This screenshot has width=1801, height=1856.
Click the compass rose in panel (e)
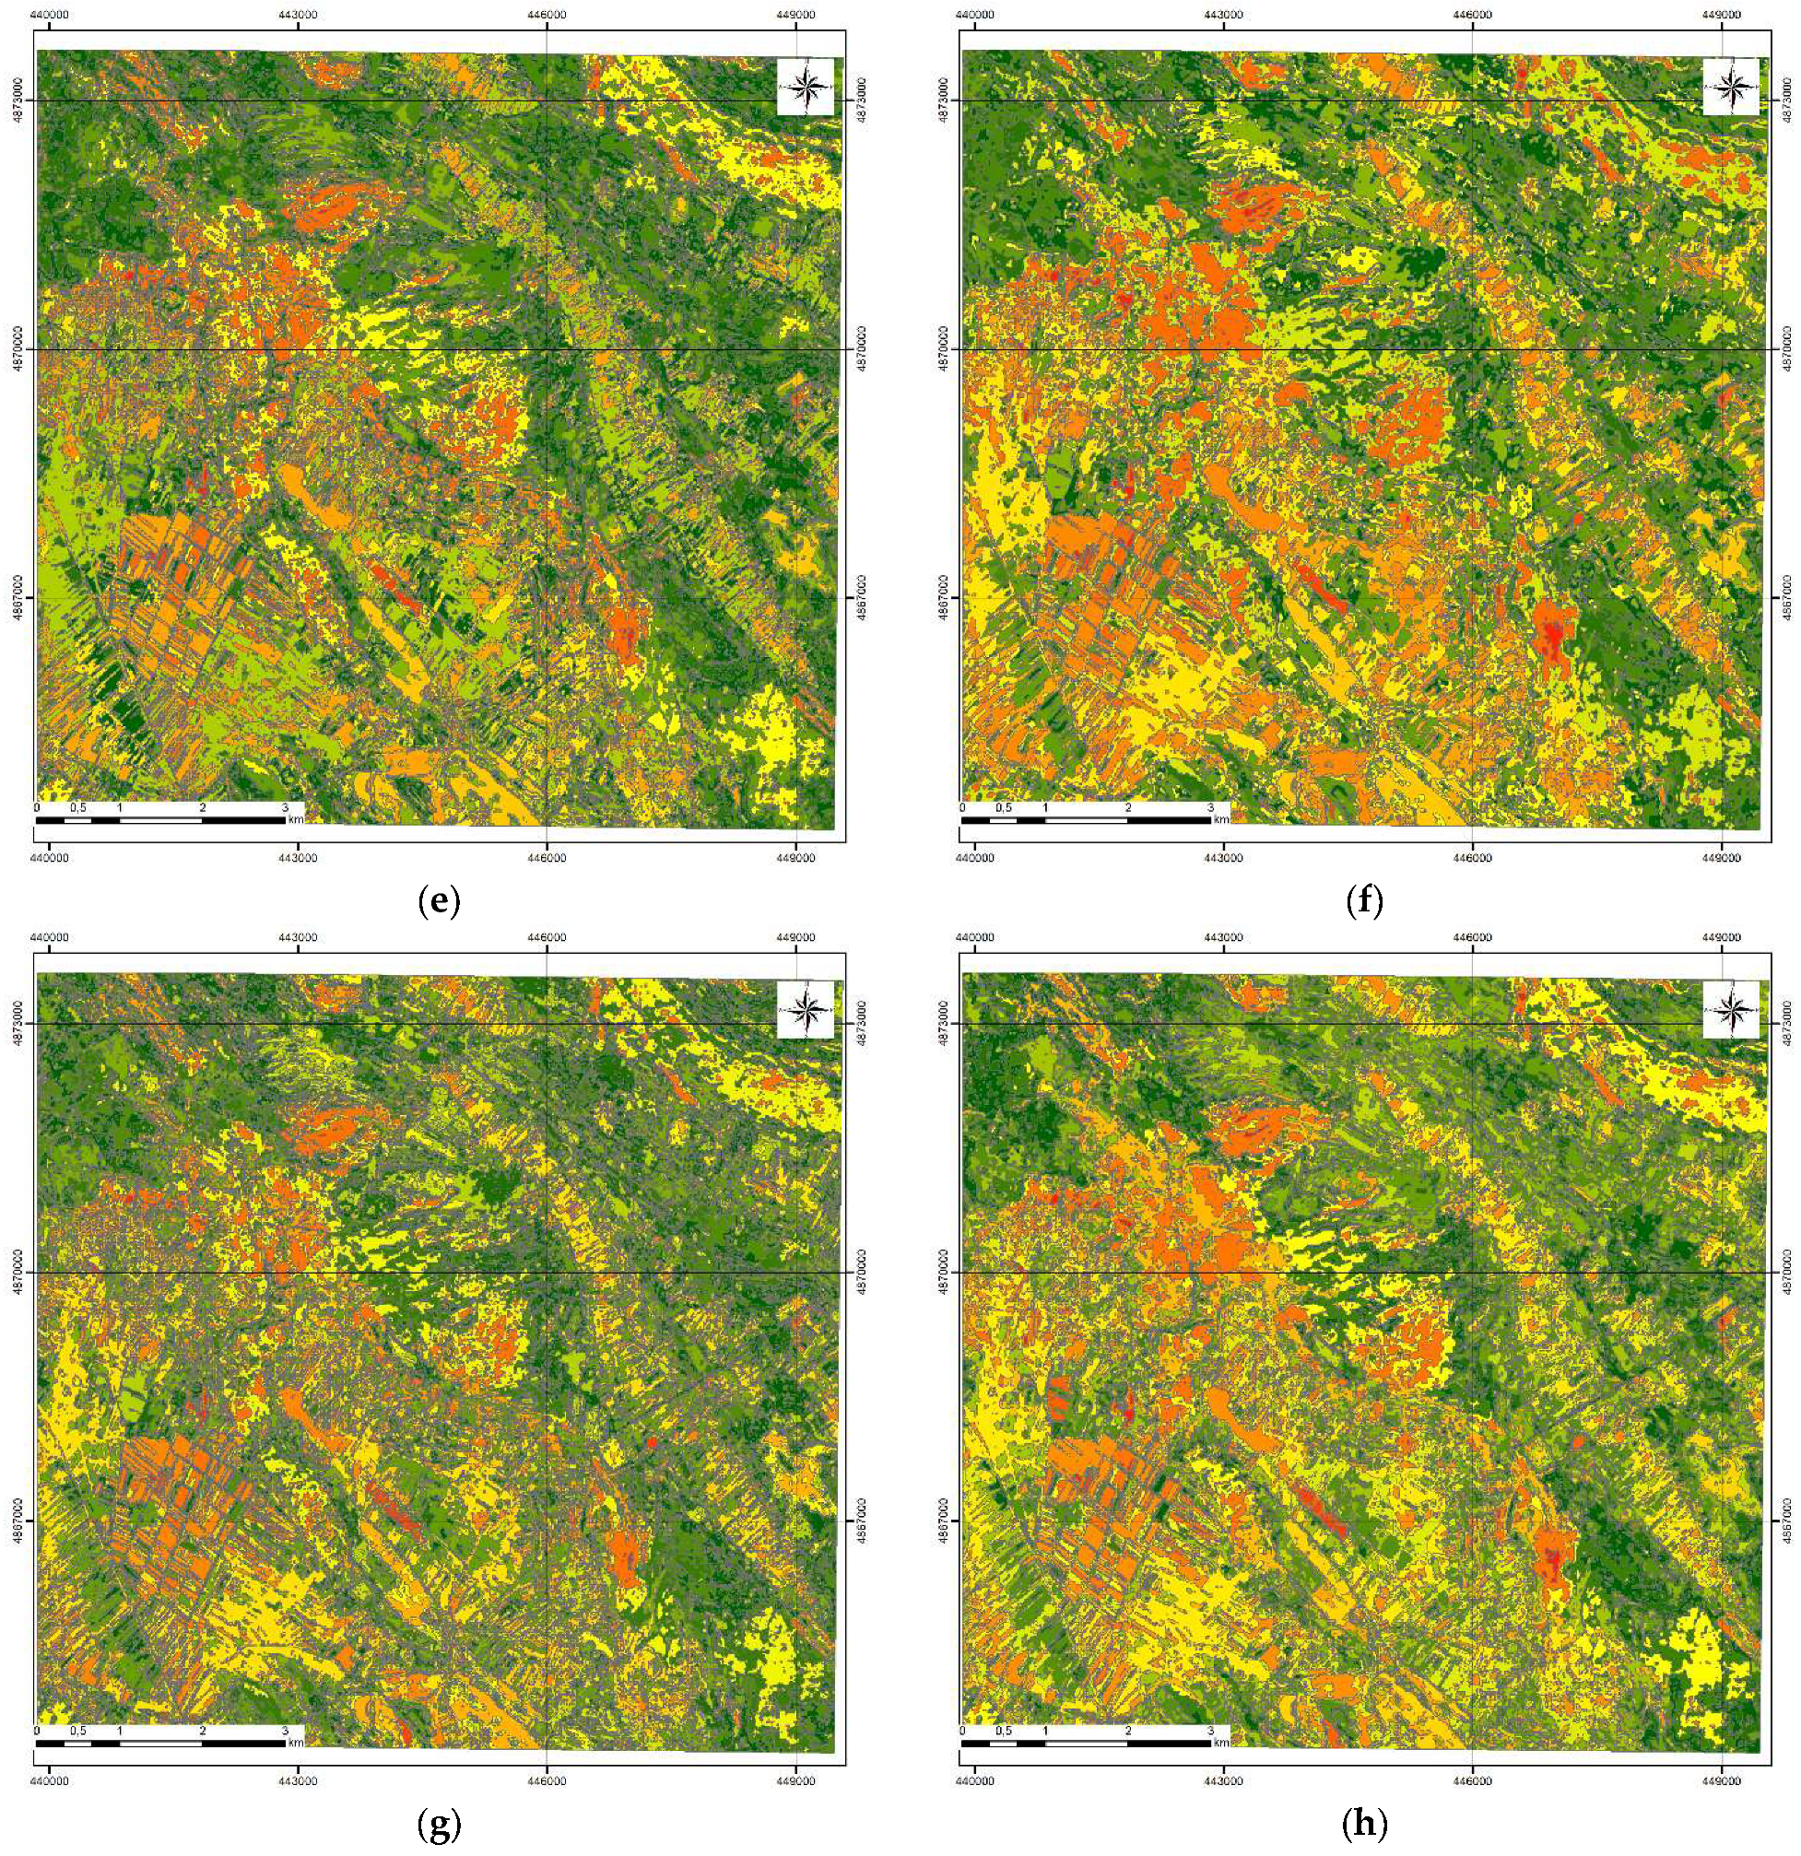805,88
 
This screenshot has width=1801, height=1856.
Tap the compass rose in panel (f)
1731,88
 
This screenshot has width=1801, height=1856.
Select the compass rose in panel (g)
805,1010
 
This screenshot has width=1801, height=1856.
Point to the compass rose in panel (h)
1731,1010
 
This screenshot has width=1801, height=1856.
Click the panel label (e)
439,901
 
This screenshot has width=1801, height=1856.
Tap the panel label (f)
1363,901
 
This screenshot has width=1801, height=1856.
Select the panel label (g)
439,1825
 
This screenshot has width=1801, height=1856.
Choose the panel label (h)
1363,1825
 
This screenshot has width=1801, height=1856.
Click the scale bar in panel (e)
161,819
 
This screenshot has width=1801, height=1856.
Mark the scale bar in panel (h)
1086,1743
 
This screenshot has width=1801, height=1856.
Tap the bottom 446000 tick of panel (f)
1471,858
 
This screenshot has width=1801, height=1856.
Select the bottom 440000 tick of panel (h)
974,1781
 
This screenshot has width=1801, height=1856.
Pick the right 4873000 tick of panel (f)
1786,100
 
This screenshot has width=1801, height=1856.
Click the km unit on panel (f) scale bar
1221,820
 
